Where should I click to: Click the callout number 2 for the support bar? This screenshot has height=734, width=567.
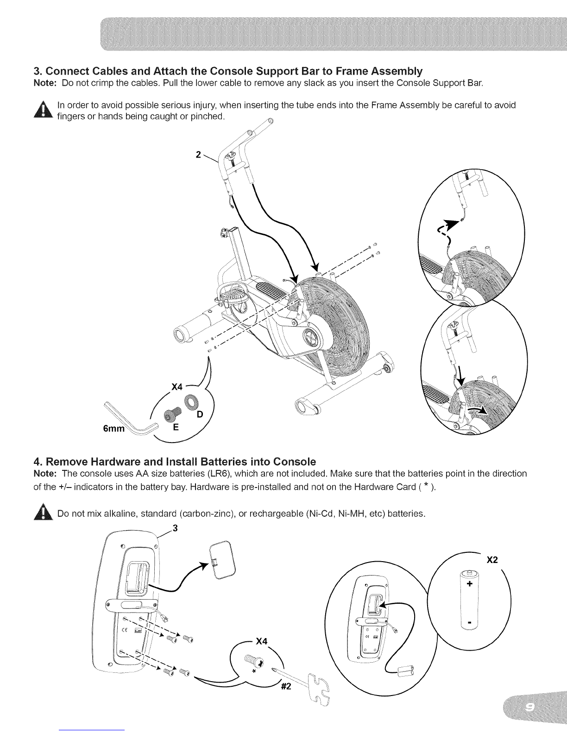198,155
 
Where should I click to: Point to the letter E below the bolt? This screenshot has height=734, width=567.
175,428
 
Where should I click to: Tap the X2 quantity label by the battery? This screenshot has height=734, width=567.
492,560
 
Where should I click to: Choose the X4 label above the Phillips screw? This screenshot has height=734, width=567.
262,642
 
